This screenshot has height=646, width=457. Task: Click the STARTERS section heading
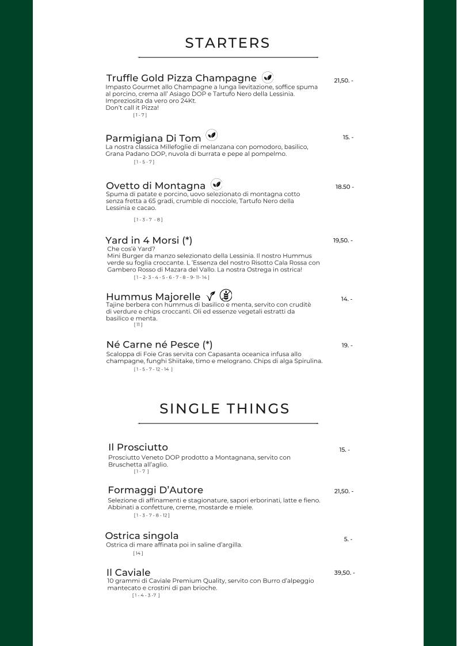click(x=227, y=43)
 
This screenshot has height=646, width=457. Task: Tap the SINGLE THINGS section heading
click(x=224, y=409)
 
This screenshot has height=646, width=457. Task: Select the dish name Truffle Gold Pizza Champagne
click(x=181, y=78)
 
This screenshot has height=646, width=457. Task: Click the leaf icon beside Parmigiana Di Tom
click(x=212, y=136)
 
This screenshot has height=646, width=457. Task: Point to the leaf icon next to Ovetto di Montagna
click(x=216, y=184)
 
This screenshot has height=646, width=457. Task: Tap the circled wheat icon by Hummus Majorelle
click(x=227, y=295)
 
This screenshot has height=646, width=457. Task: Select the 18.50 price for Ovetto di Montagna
click(x=344, y=187)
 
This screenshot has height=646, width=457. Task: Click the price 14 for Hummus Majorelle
click(x=346, y=299)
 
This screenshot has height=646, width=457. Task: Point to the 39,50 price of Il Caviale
click(x=344, y=573)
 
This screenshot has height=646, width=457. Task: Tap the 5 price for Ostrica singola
click(x=348, y=540)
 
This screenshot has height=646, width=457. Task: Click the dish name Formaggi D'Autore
click(x=155, y=490)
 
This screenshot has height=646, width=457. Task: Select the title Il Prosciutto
click(x=138, y=447)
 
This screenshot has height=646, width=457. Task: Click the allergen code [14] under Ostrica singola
click(x=138, y=553)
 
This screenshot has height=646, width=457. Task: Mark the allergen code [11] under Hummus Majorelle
click(x=138, y=325)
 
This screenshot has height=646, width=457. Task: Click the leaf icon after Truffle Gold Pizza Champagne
click(x=268, y=77)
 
